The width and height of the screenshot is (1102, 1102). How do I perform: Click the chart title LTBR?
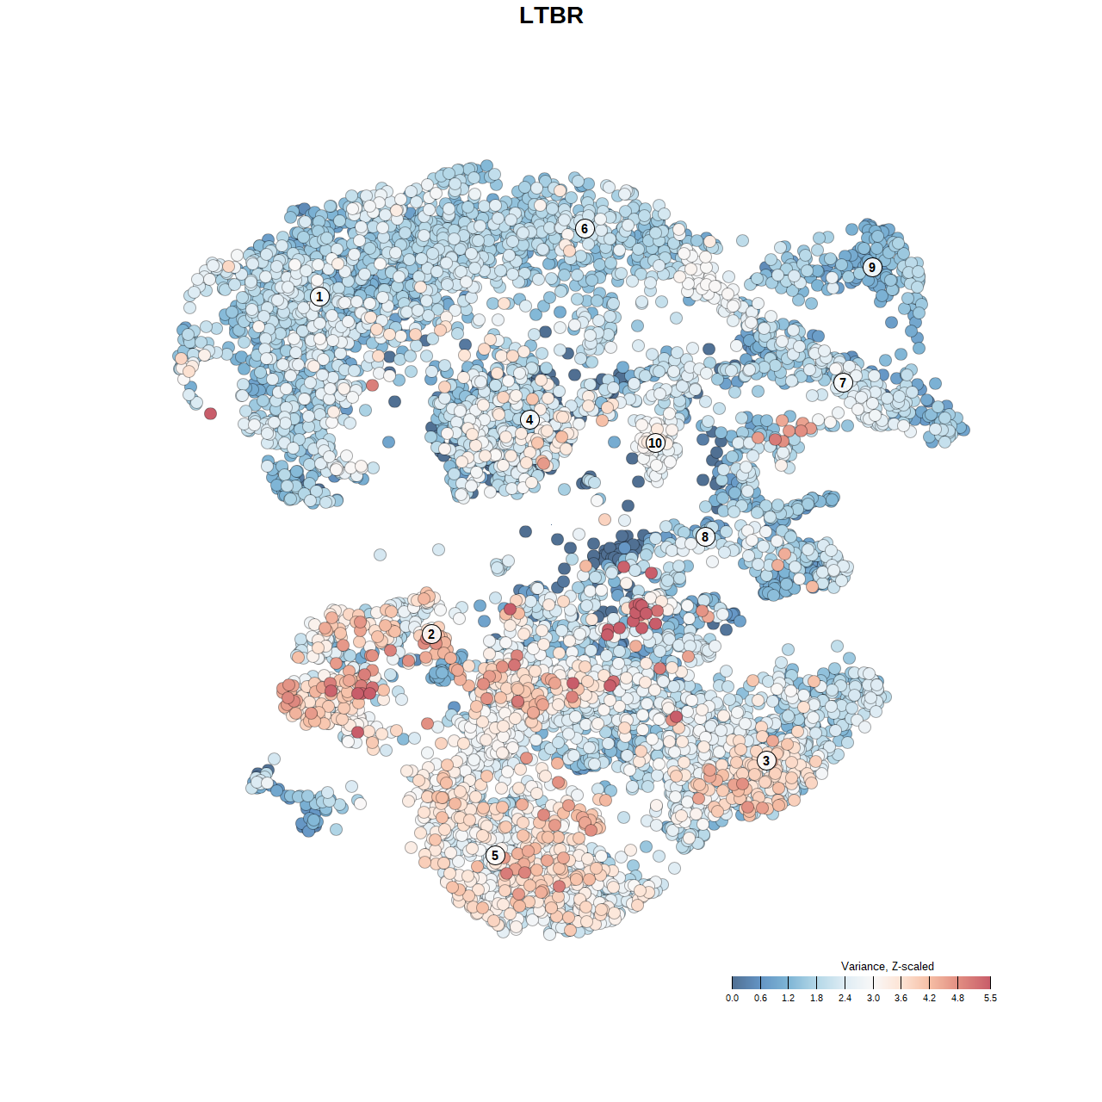[x=551, y=15]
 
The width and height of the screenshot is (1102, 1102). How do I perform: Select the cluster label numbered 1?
[x=319, y=296]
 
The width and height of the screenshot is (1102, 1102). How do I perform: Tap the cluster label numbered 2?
[x=431, y=635]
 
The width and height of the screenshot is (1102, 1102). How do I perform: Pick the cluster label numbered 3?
[x=766, y=760]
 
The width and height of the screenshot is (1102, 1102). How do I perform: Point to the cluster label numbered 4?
[x=529, y=419]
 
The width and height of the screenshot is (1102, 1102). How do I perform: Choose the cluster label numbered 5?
[x=495, y=855]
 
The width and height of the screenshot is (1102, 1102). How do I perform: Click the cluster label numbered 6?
[x=585, y=228]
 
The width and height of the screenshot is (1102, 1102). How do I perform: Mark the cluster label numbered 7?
[x=843, y=382]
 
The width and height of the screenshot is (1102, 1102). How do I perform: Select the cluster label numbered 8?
[x=705, y=536]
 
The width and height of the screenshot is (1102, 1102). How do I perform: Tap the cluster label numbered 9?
[x=872, y=267]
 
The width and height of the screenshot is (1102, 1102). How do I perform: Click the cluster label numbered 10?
[x=655, y=443]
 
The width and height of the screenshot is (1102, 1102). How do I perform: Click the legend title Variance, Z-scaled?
[x=887, y=966]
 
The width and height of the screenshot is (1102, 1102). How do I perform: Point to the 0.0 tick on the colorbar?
[x=732, y=982]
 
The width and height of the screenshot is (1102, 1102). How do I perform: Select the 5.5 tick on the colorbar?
[x=990, y=982]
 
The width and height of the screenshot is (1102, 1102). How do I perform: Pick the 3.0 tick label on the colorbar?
[x=873, y=998]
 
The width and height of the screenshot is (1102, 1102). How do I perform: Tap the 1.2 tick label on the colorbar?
[x=788, y=998]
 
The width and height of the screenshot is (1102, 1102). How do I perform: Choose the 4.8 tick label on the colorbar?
[x=957, y=998]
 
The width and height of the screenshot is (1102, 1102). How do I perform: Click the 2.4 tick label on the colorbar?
[x=845, y=998]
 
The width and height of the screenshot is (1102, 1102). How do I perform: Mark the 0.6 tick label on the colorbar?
[x=760, y=998]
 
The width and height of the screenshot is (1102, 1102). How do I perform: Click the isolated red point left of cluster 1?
[x=210, y=413]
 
